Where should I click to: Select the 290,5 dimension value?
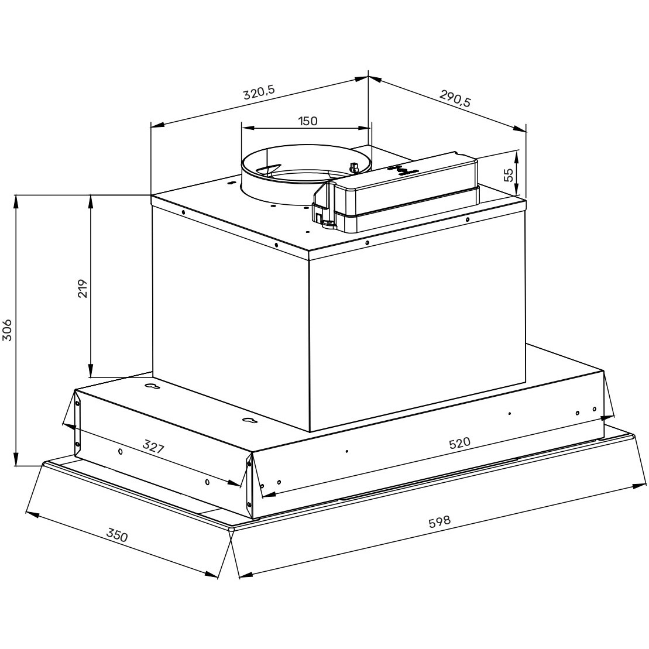click(x=454, y=97)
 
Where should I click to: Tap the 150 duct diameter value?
click(x=307, y=121)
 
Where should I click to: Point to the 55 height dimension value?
click(x=508, y=174)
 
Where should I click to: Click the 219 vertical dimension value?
click(x=82, y=288)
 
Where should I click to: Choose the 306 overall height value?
click(x=7, y=331)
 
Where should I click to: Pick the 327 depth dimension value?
click(x=153, y=448)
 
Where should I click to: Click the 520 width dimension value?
click(x=459, y=443)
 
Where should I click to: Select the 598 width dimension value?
click(x=439, y=522)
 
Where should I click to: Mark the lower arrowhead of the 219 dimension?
click(x=91, y=372)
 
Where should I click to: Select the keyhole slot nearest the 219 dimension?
click(x=151, y=387)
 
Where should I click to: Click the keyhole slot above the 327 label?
click(x=248, y=421)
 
